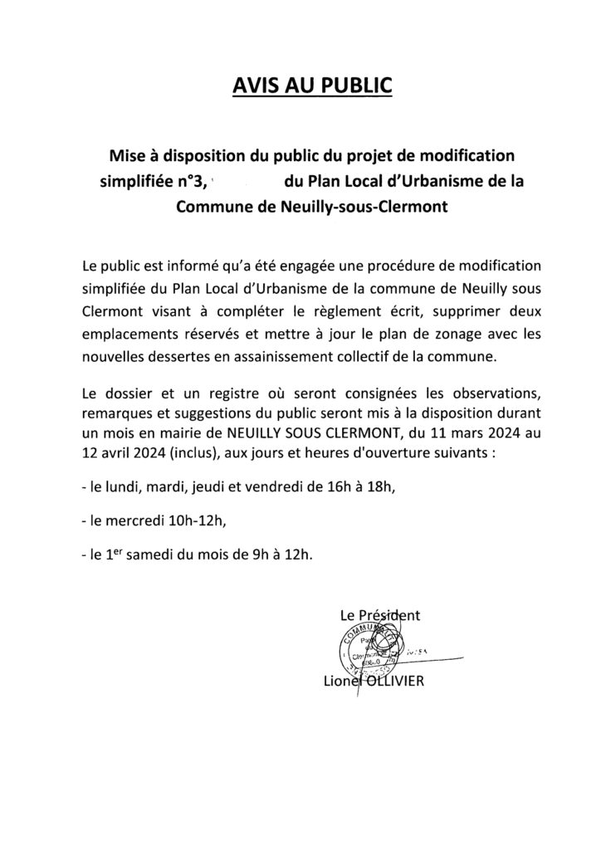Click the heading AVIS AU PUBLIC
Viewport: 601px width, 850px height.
click(300, 88)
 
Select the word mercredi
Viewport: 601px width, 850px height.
click(138, 521)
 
